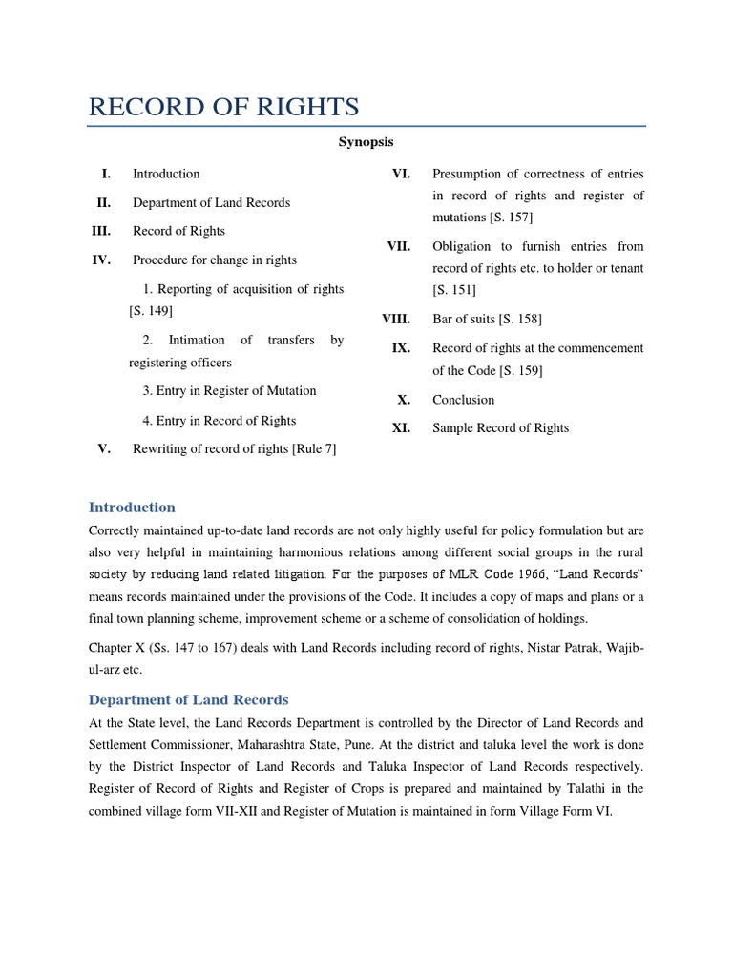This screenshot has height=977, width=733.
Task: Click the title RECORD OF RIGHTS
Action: pos(223,107)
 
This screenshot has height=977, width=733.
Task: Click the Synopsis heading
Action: pos(366,142)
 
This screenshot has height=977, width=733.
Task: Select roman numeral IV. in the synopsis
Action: pos(101,260)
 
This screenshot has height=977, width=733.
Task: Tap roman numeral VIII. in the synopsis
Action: pos(396,320)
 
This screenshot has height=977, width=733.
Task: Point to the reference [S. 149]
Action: pos(151,311)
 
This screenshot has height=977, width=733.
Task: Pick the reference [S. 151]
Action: pos(454,290)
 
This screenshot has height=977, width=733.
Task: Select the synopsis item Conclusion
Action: pos(464,400)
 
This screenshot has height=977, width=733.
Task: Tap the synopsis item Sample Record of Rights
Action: pos(500,428)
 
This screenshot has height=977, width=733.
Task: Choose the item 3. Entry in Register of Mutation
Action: pos(229,391)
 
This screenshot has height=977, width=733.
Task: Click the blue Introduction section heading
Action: pos(132,508)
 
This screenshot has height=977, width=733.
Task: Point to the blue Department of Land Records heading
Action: pos(188,700)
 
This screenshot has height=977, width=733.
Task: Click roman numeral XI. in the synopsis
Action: pos(401,428)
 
